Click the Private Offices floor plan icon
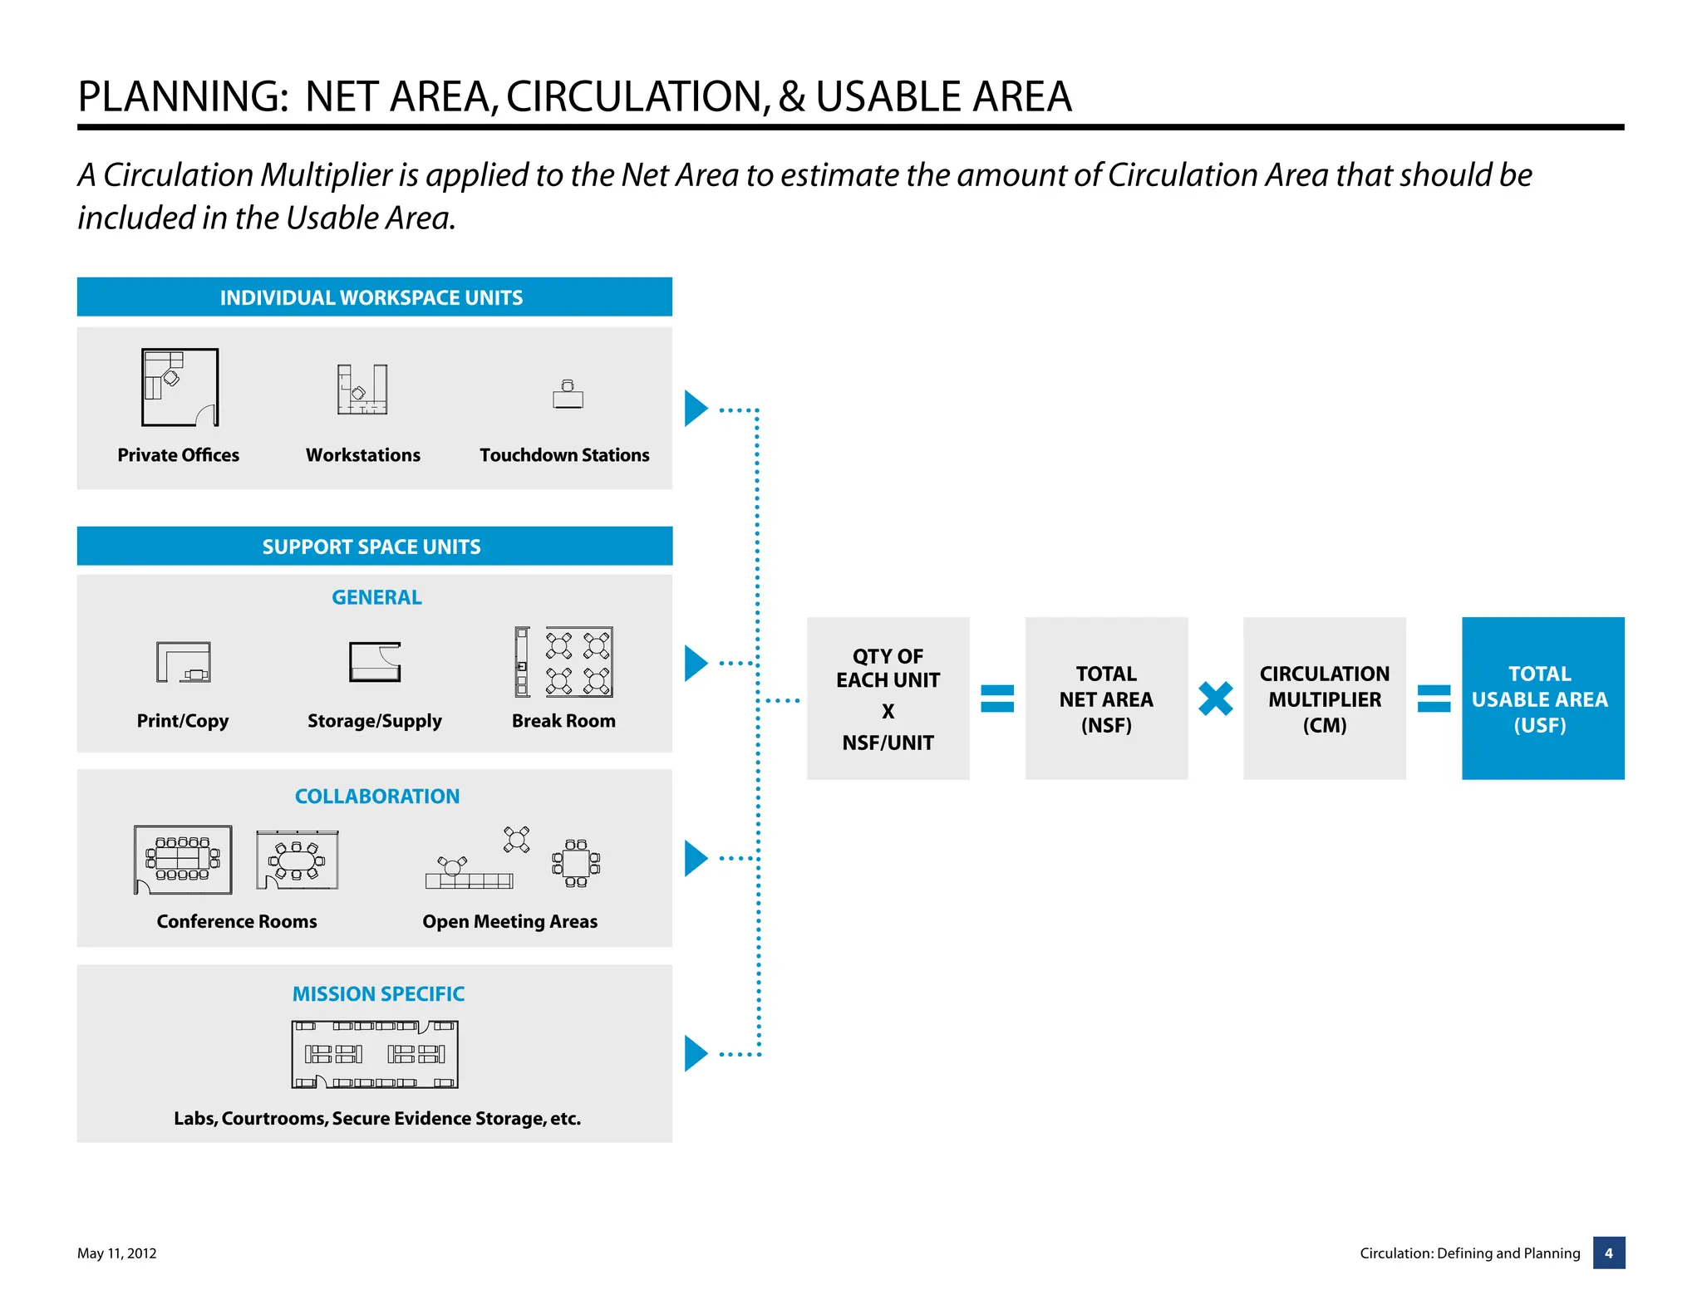[x=180, y=387]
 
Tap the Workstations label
[x=362, y=455]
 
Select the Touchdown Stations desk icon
[x=568, y=395]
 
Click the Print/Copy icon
[x=184, y=662]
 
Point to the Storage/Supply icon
[x=375, y=662]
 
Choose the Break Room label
[x=563, y=721]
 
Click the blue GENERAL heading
[x=376, y=597]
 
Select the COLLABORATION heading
[x=376, y=796]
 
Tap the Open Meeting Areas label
[x=509, y=921]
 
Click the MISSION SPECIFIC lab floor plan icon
[x=375, y=1054]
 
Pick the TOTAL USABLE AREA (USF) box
[x=1542, y=699]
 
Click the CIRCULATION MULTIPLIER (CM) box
[x=1324, y=699]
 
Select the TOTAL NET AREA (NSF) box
[x=1106, y=699]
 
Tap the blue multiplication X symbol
[x=1215, y=699]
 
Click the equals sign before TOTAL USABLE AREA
[x=1434, y=699]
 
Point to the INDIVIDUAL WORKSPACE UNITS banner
[x=374, y=297]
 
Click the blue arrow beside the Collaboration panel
[x=696, y=858]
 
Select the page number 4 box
[x=1608, y=1253]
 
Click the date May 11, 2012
[x=117, y=1253]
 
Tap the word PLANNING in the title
[x=182, y=97]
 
